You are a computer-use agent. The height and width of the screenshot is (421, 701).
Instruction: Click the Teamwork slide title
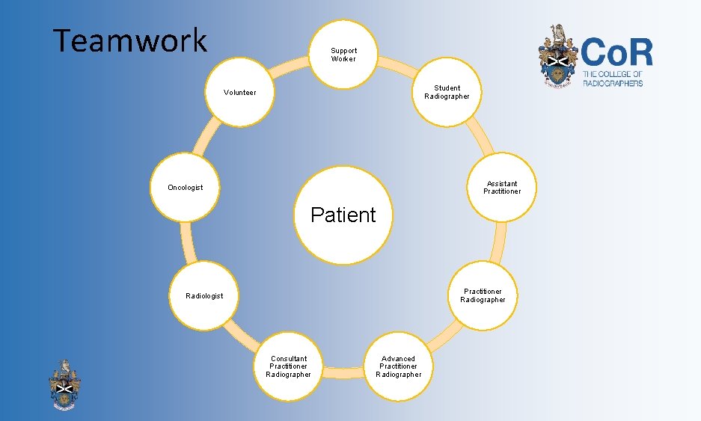point(130,40)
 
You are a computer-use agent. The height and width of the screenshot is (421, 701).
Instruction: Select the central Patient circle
point(343,215)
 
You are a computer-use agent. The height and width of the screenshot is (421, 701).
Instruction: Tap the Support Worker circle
point(343,55)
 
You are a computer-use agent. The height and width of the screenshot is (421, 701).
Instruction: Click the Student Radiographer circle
point(447,93)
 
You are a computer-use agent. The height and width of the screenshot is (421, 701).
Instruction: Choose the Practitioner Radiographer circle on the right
point(483,295)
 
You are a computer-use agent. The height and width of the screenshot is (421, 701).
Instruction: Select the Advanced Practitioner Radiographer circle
point(398,367)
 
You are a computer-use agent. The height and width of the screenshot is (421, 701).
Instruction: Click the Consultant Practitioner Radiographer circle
point(289,366)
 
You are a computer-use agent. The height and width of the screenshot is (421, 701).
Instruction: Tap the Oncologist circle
point(184,188)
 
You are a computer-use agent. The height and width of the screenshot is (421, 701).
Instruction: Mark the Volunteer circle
point(239,93)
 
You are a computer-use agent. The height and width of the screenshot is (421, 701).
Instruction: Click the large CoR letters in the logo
point(617,53)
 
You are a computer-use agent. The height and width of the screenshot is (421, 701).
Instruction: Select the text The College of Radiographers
point(613,79)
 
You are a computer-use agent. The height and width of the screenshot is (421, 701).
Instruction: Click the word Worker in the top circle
point(343,59)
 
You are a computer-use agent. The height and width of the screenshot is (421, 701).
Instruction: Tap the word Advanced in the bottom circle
point(398,359)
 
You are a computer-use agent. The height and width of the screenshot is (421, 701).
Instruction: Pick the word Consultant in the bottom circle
point(289,359)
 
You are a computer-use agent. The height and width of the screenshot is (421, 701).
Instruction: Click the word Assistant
point(501,183)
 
